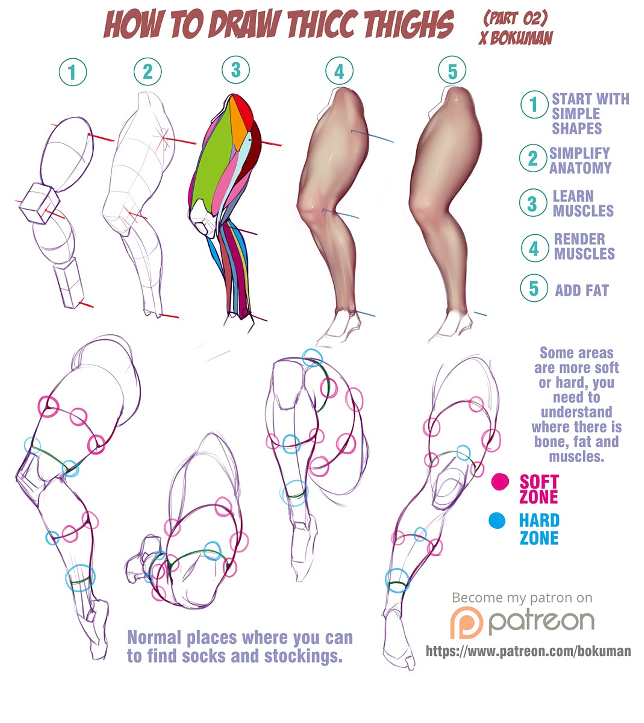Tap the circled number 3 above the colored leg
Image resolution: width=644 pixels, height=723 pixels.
(x=235, y=70)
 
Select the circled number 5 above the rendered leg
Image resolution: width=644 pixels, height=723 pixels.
(x=452, y=71)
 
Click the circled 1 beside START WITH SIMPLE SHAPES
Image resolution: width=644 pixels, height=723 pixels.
(x=534, y=104)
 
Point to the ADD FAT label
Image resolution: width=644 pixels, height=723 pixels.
(x=582, y=290)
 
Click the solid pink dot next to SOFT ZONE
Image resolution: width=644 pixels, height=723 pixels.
(x=500, y=481)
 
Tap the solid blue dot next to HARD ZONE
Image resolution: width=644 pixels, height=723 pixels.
(x=497, y=521)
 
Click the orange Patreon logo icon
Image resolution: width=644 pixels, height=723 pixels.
(x=466, y=622)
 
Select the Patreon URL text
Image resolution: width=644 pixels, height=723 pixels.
(x=528, y=651)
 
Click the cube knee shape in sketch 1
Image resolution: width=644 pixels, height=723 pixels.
(x=39, y=203)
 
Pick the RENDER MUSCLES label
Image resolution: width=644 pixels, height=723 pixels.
(x=584, y=246)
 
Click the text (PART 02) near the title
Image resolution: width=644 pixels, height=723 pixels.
(x=516, y=19)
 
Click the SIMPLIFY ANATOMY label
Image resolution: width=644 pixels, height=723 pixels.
(x=580, y=160)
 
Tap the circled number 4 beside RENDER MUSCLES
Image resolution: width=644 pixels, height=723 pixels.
(x=534, y=248)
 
